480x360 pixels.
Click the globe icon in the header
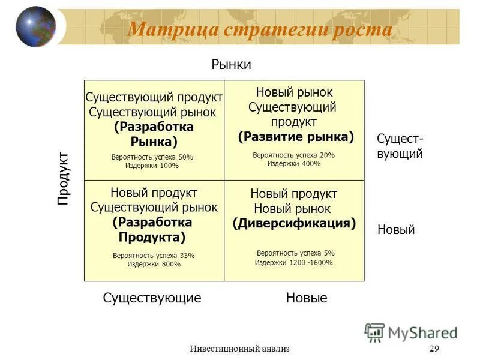click(35, 27)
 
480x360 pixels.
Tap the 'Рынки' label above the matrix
click(231, 65)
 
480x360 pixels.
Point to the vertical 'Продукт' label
click(64, 179)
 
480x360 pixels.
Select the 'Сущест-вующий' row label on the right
click(400, 146)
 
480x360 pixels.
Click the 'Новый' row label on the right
click(396, 230)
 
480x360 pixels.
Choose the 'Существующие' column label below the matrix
click(152, 298)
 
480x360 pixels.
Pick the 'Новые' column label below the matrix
click(307, 298)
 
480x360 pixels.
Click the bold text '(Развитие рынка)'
click(296, 137)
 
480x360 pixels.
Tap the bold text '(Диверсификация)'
click(294, 223)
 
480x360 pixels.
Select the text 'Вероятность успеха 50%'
click(152, 157)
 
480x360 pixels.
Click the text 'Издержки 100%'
click(152, 166)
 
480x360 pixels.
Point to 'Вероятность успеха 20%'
click(294, 155)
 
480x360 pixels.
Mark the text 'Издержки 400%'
click(294, 163)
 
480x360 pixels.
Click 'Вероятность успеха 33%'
click(154, 256)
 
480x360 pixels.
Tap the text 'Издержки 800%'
click(154, 264)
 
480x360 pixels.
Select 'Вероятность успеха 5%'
click(296, 253)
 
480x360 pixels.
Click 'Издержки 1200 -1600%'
click(294, 262)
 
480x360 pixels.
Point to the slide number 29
click(434, 349)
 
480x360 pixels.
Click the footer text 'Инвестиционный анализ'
click(239, 349)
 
